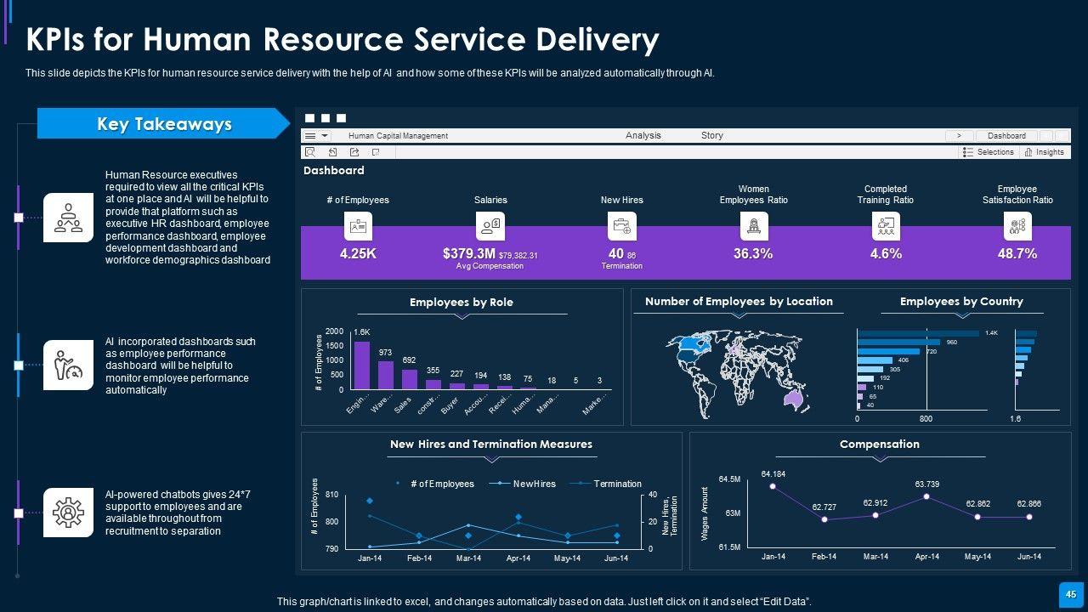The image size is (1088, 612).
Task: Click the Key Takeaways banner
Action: click(164, 124)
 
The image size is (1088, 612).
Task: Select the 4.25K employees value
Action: click(358, 253)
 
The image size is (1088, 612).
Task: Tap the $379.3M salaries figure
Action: click(469, 253)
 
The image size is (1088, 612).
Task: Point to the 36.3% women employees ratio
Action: click(753, 253)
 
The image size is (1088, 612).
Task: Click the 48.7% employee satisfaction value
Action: click(1017, 253)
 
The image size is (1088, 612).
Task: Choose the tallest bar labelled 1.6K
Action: click(362, 365)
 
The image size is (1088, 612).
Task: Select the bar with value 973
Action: click(386, 375)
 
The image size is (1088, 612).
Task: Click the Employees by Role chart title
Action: click(462, 302)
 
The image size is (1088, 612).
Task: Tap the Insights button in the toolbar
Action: click(1045, 152)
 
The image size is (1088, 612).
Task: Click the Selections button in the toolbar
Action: click(989, 152)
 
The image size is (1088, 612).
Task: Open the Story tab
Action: click(712, 135)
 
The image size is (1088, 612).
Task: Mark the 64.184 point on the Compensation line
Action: click(773, 486)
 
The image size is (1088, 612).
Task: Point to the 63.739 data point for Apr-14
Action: click(926, 496)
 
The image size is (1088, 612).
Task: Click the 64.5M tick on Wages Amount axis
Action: click(729, 479)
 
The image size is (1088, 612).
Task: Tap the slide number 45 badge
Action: click(1071, 594)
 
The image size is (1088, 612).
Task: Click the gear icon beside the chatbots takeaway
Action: click(68, 513)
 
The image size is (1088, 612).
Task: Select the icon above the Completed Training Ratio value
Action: click(886, 226)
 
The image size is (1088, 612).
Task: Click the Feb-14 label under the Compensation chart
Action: click(824, 557)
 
